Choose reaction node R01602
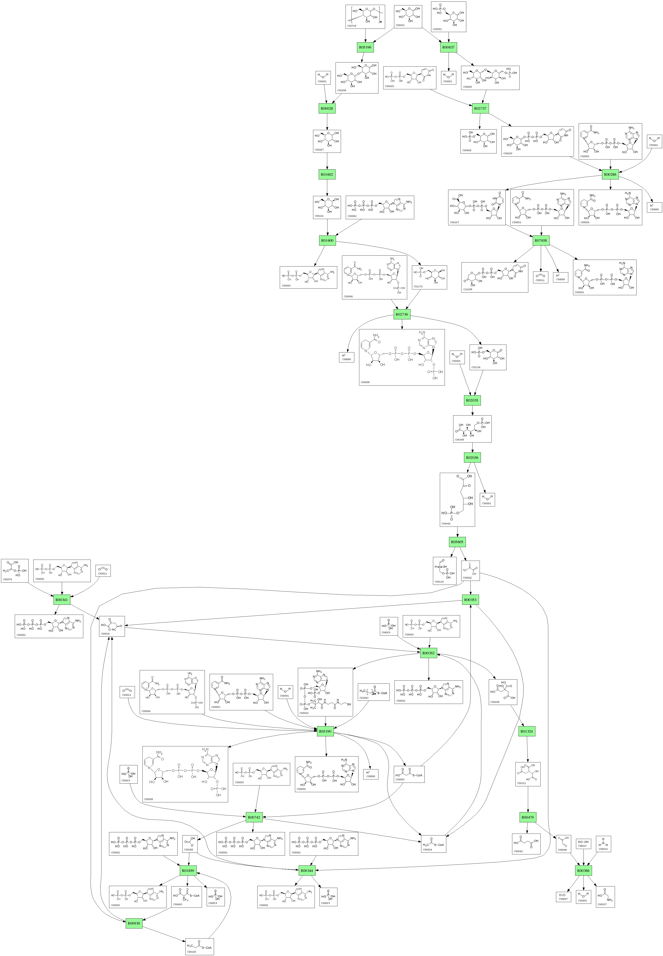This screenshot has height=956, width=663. pos(327,174)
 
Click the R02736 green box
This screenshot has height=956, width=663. pos(402,315)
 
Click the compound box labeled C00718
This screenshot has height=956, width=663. pos(365,17)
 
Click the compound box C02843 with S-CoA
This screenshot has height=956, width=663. pos(374,692)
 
